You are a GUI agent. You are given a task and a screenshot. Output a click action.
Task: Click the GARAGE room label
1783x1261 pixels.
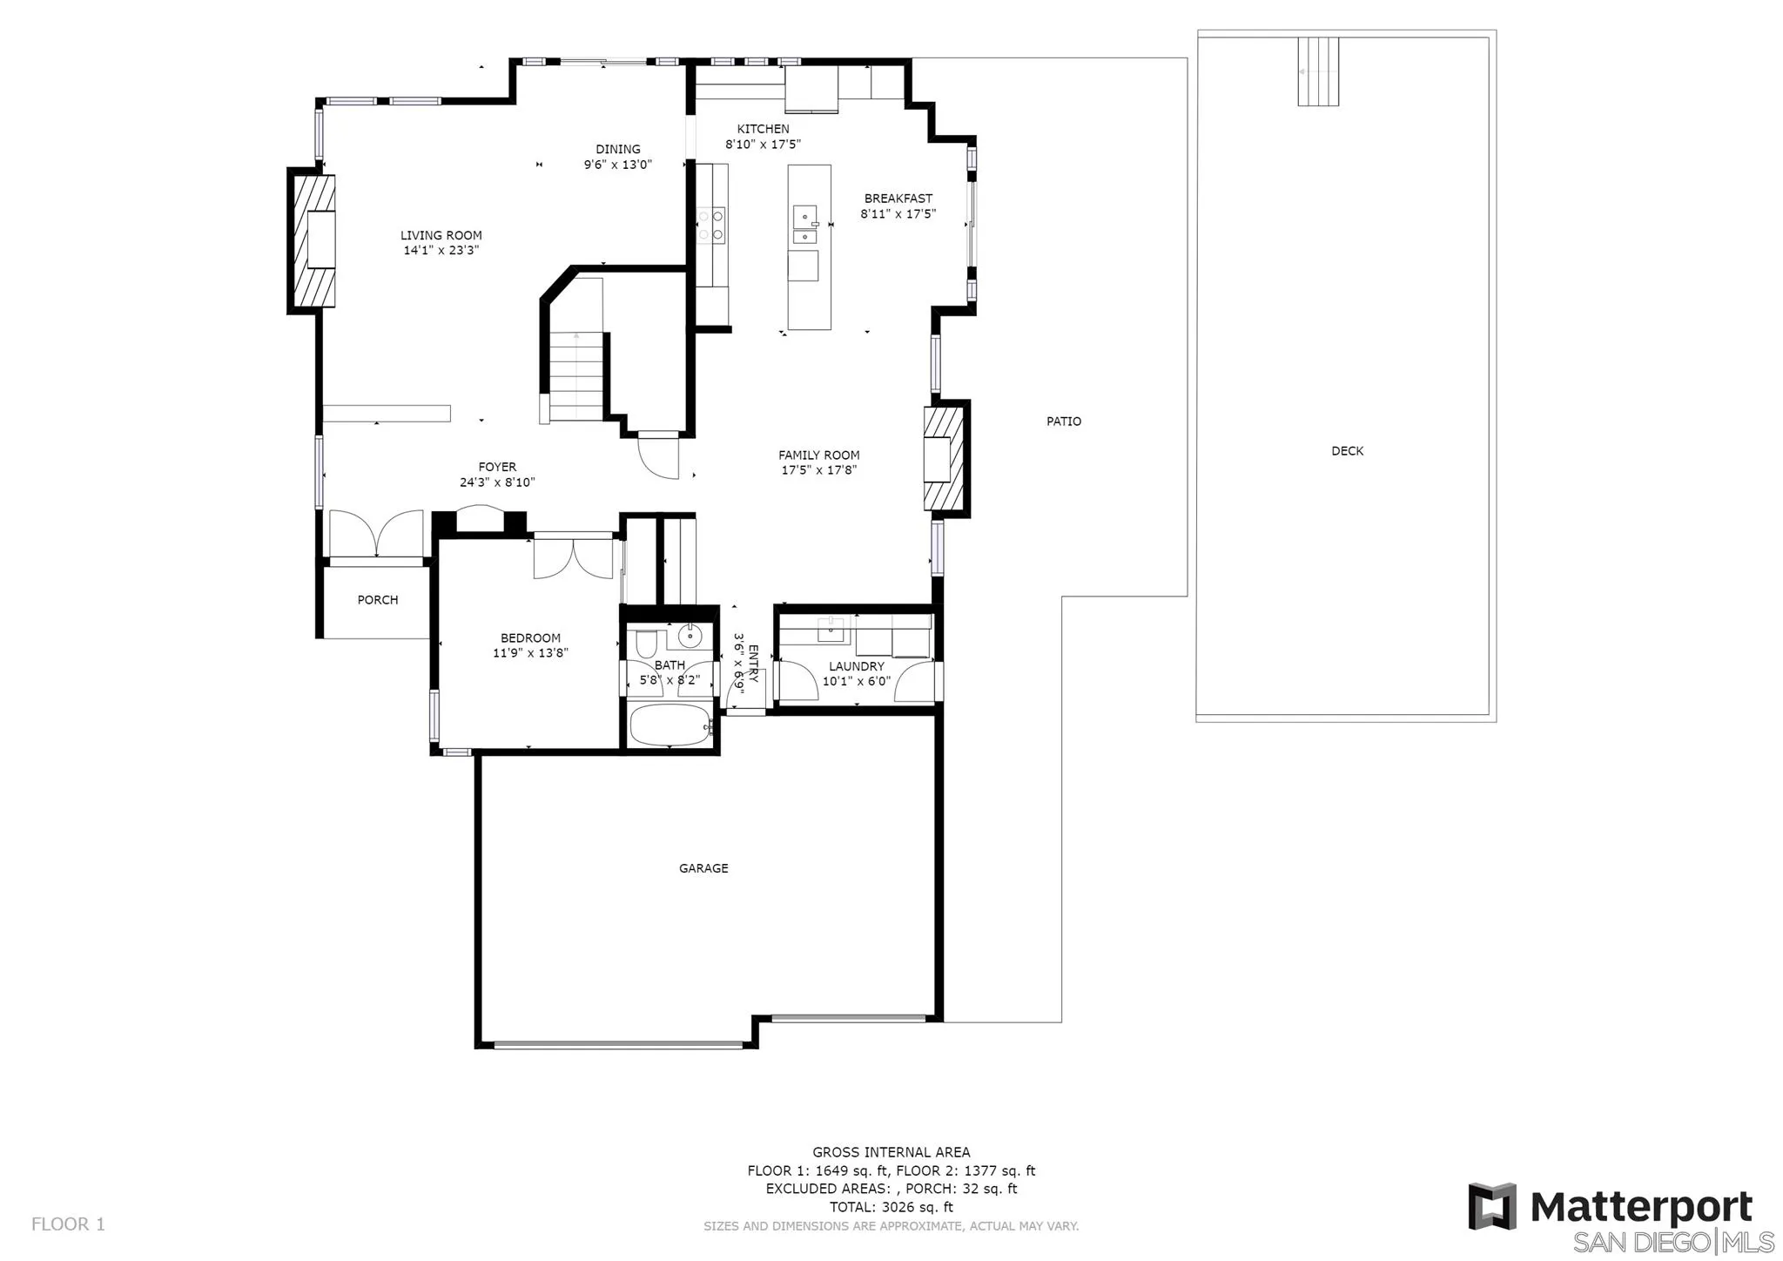[703, 868]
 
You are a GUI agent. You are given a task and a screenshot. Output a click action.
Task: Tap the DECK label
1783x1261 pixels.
[1347, 451]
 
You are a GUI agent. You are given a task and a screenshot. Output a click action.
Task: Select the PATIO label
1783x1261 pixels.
[1063, 421]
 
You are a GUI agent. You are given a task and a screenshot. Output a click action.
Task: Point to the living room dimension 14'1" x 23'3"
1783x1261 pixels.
[441, 251]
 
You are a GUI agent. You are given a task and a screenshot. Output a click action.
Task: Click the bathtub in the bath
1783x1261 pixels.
[669, 725]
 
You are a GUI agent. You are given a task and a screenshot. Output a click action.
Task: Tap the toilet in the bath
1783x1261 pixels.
[646, 645]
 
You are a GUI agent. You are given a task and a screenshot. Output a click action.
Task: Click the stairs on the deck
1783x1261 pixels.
[1317, 71]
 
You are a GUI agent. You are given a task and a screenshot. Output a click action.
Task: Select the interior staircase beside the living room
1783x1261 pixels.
[575, 377]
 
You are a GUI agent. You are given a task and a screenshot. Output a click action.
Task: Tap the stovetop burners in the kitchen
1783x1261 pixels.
[710, 223]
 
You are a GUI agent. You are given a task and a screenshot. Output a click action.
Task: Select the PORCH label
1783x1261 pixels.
[378, 600]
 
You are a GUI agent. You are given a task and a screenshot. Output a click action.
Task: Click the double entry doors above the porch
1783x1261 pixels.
[376, 535]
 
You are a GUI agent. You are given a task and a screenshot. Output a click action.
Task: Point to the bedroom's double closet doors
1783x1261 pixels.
[573, 558]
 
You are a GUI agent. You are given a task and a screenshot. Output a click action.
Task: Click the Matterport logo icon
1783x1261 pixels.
[1492, 1206]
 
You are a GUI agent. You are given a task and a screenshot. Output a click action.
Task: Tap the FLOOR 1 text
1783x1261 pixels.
[68, 1224]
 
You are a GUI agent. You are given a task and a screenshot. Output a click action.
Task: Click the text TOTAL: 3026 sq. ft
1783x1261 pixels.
[891, 1207]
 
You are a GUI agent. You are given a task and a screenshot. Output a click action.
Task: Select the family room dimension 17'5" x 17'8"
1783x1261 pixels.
[818, 470]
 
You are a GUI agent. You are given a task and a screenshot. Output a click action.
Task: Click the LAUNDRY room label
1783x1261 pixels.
[856, 666]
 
